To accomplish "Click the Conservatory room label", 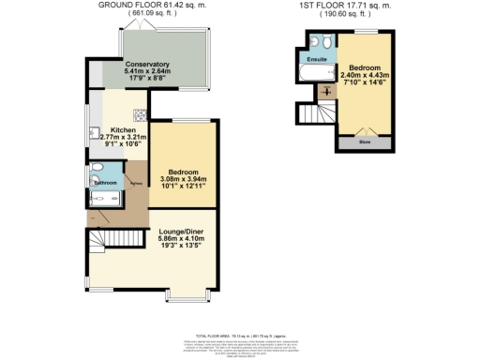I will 148,63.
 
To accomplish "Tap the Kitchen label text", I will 124,129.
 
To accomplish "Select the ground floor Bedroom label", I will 182,173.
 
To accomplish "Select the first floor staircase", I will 315,115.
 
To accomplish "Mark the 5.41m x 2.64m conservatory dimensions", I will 148,71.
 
